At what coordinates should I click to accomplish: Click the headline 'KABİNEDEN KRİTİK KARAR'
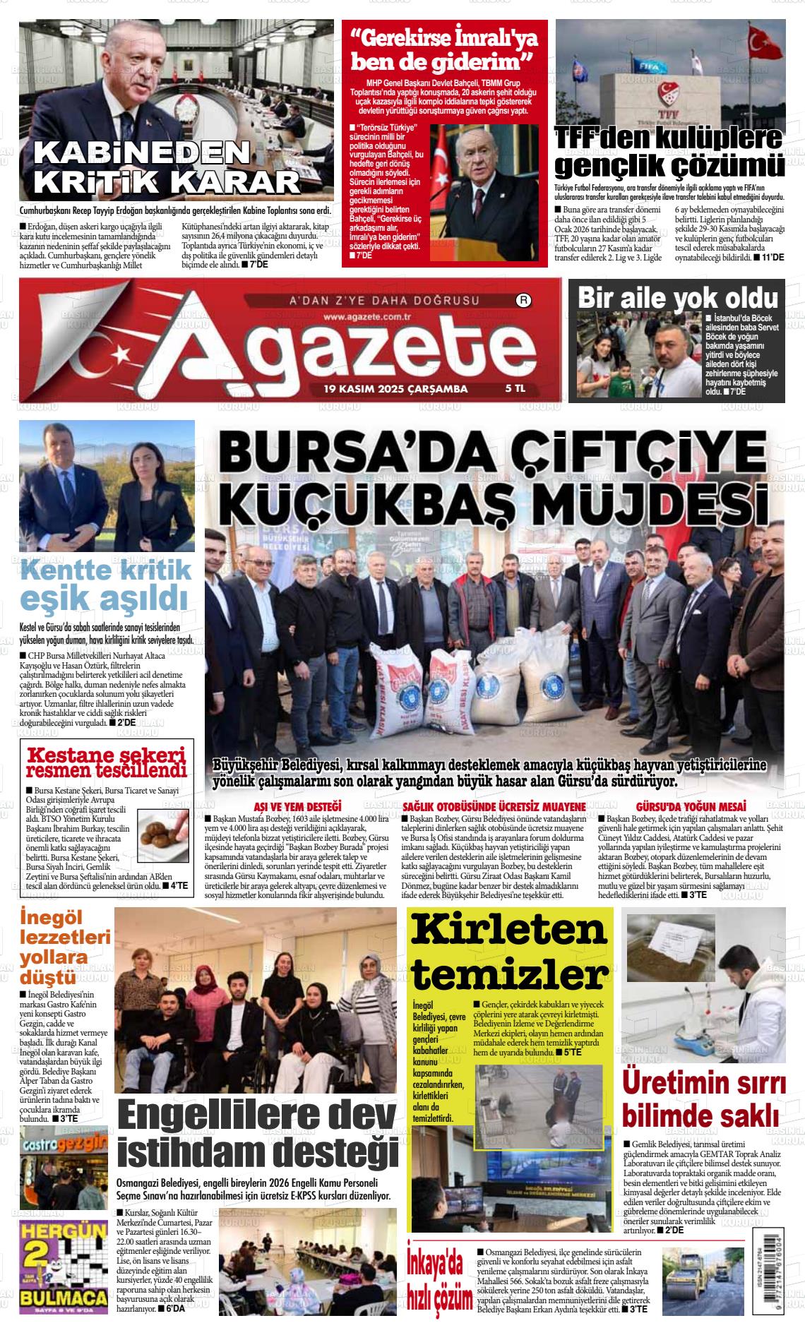(168, 168)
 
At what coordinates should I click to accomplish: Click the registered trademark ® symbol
(524, 301)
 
